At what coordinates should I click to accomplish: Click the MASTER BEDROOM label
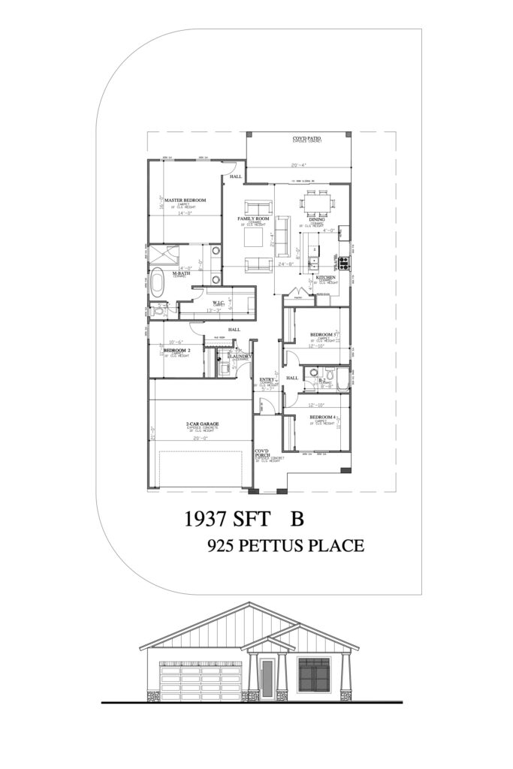click(x=185, y=200)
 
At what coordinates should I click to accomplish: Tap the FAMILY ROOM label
click(x=254, y=219)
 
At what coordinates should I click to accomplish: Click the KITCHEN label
click(x=324, y=278)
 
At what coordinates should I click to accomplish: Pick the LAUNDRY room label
click(x=240, y=356)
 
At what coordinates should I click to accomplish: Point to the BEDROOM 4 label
click(x=322, y=417)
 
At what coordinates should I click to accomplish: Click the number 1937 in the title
click(x=207, y=519)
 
